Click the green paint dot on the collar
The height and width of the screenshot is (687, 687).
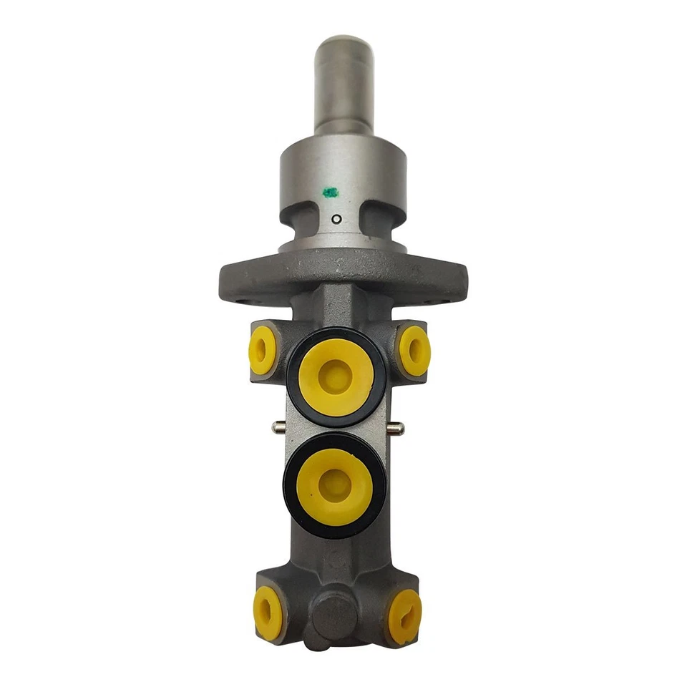pyautogui.click(x=330, y=192)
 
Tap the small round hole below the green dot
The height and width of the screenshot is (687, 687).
pyautogui.click(x=335, y=219)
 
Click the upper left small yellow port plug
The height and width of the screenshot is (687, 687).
pyautogui.click(x=263, y=350)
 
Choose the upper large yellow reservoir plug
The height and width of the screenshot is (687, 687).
pyautogui.click(x=335, y=376)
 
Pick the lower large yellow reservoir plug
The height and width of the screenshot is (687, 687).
pyautogui.click(x=334, y=486)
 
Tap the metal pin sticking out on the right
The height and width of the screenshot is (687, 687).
pyautogui.click(x=395, y=428)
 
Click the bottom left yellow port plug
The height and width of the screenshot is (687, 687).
pyautogui.click(x=267, y=613)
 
